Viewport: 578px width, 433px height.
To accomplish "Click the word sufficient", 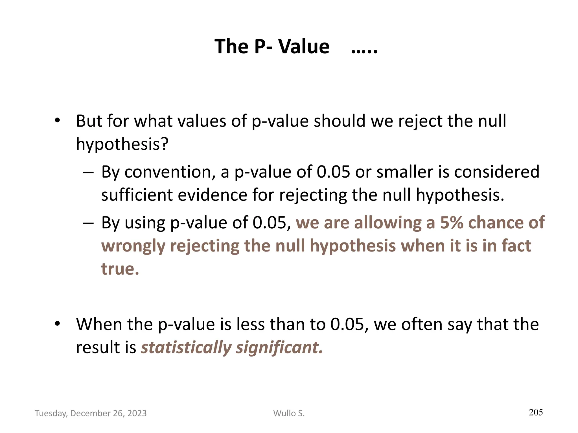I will [x=137, y=195].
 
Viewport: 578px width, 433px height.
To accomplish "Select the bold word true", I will [x=120, y=269].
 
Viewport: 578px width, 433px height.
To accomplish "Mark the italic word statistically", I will [x=186, y=348].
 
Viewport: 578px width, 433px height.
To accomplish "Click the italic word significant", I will [x=279, y=348].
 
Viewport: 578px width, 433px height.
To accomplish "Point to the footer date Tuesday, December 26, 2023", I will [x=91, y=413].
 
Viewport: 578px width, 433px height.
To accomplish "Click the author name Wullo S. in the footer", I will [x=289, y=413].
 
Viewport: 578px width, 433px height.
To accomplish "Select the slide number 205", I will [x=536, y=412].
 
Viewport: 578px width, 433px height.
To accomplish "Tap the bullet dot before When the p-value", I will [x=58, y=324].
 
